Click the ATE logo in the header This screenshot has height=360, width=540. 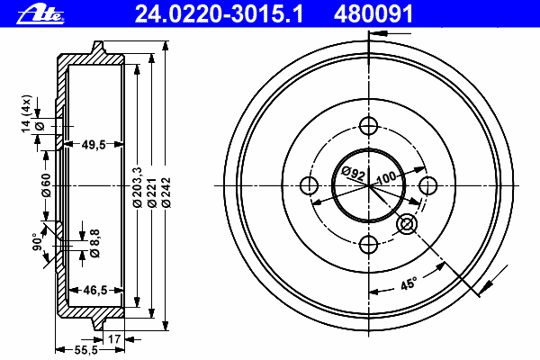tap(40, 14)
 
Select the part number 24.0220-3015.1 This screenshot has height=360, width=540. tap(219, 14)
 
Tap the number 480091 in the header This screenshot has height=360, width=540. tap(373, 14)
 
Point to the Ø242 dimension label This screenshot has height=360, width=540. tap(166, 193)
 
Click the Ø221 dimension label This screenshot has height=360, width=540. tap(152, 193)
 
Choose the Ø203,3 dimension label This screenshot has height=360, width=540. tap(138, 187)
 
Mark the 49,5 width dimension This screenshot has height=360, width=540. tap(94, 145)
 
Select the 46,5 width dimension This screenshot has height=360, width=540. tap(95, 291)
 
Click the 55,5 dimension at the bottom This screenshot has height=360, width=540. tap(86, 350)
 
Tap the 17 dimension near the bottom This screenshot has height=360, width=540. tap(114, 339)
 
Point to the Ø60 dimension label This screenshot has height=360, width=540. tap(46, 185)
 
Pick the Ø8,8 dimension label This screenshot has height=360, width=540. tap(94, 243)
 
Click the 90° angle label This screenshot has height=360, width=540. tap(37, 242)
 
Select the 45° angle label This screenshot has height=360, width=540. tap(409, 283)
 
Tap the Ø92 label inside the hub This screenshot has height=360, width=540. tap(354, 174)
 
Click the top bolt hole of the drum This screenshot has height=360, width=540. tap(368, 126)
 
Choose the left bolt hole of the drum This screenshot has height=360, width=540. tap(309, 185)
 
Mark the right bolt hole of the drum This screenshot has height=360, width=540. tap(428, 185)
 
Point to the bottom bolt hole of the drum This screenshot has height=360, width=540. tap(368, 245)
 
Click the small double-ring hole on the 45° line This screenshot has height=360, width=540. tap(407, 224)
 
